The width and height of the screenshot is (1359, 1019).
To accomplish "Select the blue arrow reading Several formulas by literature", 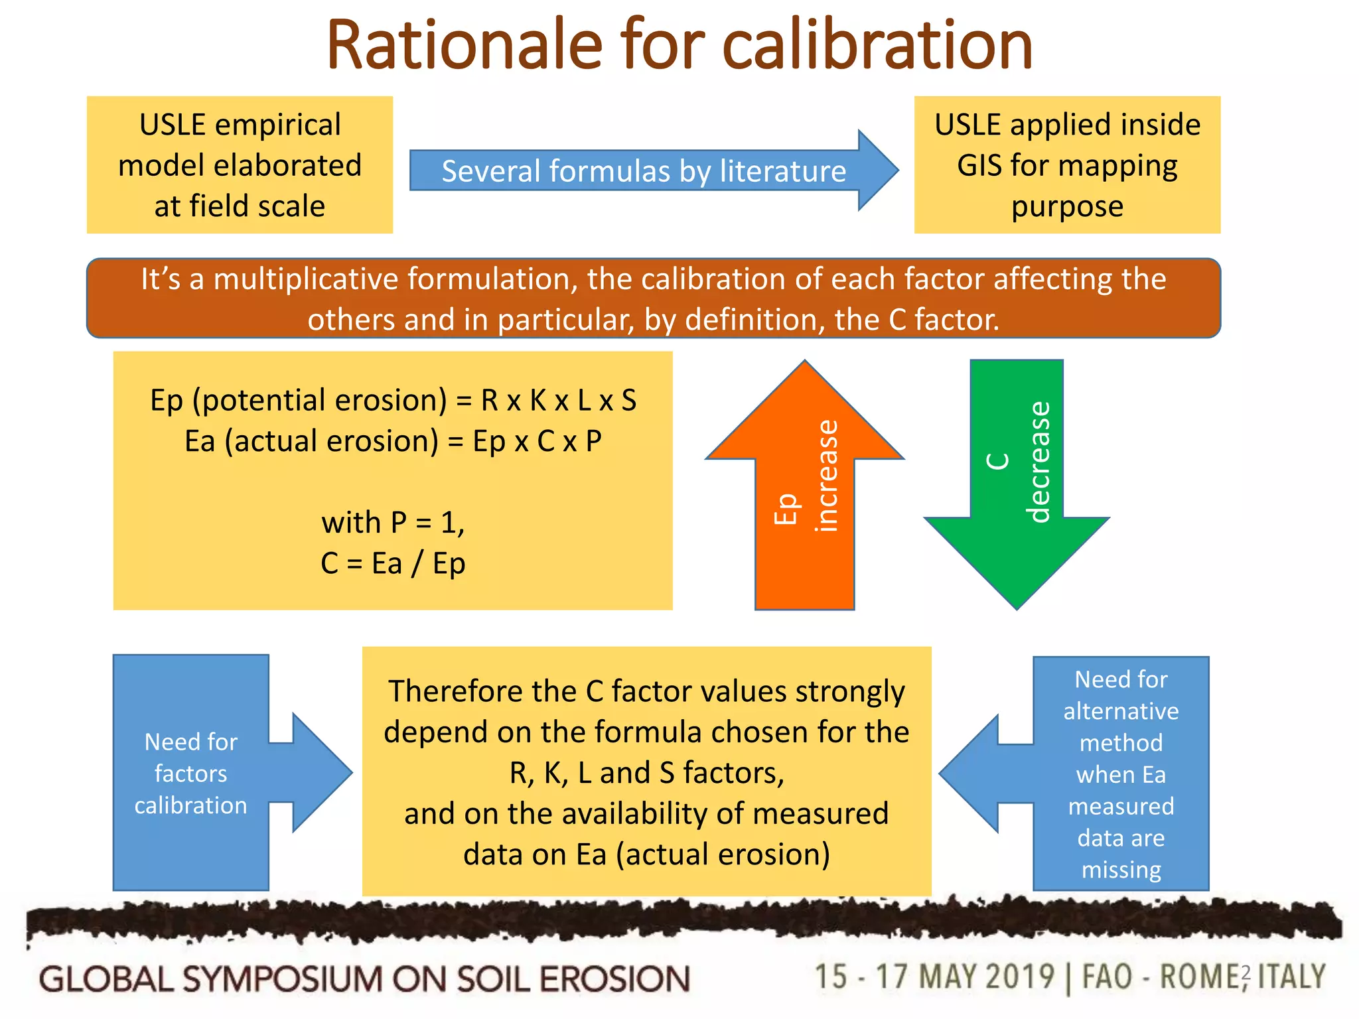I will point(644,171).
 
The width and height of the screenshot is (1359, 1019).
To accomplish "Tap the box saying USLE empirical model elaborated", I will point(240,165).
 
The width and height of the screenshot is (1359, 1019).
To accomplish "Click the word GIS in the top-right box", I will point(978,165).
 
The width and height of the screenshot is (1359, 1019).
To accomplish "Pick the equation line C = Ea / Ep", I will point(393,563).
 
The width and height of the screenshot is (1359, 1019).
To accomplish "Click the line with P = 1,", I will point(393,522).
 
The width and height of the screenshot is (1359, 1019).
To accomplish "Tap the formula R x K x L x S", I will point(559,400).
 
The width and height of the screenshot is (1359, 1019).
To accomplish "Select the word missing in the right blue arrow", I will point(1121,869).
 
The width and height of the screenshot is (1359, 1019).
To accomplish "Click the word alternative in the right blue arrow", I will point(1121,711).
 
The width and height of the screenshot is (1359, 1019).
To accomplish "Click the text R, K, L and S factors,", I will point(646,773).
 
